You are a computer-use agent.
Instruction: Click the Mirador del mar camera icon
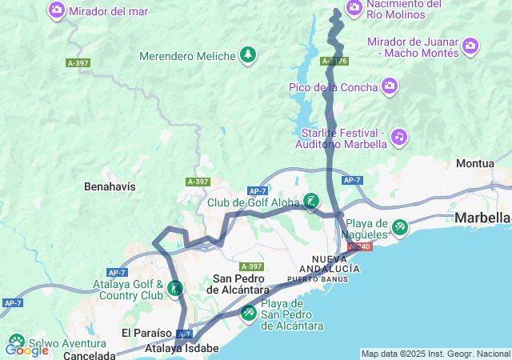click(58, 10)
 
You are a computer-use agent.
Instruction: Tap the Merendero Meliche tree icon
click(249, 55)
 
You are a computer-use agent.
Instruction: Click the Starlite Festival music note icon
click(399, 137)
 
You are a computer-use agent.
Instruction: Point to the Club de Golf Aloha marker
click(311, 201)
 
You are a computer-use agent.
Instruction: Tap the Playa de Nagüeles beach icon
click(399, 228)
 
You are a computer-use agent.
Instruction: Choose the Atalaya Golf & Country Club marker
click(174, 288)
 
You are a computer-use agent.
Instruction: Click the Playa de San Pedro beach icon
click(249, 311)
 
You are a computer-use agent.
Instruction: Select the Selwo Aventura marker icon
click(16, 341)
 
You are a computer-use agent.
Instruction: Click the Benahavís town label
click(110, 186)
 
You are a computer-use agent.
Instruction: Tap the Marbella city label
click(482, 218)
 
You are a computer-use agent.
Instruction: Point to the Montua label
click(474, 163)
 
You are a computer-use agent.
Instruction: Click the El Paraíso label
click(146, 332)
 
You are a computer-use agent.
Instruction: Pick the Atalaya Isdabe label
click(182, 349)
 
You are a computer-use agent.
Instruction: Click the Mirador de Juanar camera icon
click(470, 46)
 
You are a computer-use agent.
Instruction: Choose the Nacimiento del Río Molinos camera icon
click(354, 8)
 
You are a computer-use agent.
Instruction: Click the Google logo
click(26, 350)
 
